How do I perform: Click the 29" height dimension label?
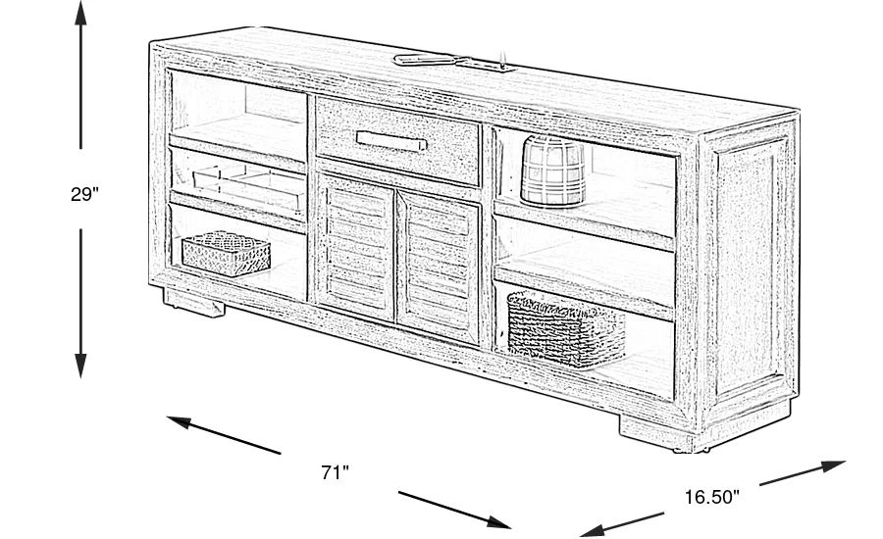coord(84,194)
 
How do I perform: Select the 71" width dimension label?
coord(336,472)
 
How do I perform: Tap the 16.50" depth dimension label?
coord(712,497)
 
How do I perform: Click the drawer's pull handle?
coord(391,141)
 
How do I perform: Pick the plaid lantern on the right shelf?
coord(552,170)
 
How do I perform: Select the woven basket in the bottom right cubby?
coord(566,328)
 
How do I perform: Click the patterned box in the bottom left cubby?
coord(226,253)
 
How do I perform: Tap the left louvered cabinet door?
coord(356,246)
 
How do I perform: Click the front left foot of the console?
coord(194,302)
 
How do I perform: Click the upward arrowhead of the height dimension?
coord(81,14)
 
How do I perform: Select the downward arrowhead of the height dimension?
coord(81,366)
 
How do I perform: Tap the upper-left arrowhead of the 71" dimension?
coord(180,421)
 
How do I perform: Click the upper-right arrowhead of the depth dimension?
coord(833,465)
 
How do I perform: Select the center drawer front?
coord(397,141)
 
